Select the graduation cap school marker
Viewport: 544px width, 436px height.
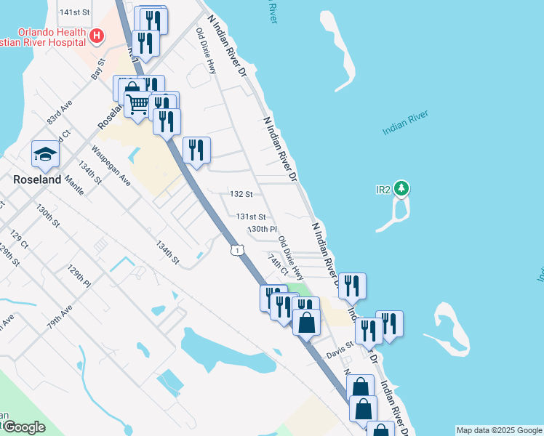click(x=45, y=153)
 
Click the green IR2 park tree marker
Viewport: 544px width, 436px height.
click(x=401, y=190)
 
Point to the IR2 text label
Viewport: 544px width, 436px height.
click(x=383, y=190)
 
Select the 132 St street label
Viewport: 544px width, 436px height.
click(x=240, y=195)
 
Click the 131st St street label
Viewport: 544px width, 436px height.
click(x=251, y=217)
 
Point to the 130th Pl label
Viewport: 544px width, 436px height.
click(x=263, y=229)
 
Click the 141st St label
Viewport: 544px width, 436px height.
click(x=74, y=12)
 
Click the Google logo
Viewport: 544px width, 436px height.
click(x=23, y=427)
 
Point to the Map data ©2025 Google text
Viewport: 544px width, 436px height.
click(x=498, y=430)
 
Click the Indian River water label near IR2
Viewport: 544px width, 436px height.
click(x=405, y=123)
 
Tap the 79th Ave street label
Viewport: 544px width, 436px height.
click(x=60, y=318)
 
